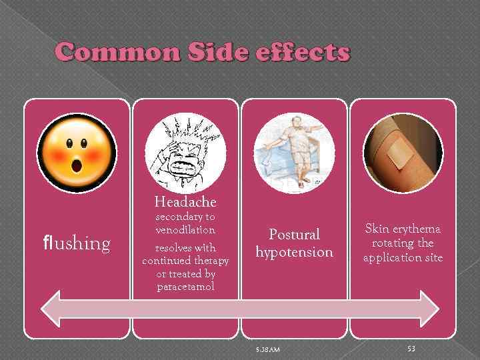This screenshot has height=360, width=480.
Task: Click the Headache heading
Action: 185,201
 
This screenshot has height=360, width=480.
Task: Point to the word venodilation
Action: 185,229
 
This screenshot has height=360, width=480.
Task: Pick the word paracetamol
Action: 185,287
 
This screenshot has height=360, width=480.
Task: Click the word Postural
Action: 294,235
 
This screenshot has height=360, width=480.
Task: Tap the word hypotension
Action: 294,252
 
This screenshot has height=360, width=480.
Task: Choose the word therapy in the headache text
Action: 211,260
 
